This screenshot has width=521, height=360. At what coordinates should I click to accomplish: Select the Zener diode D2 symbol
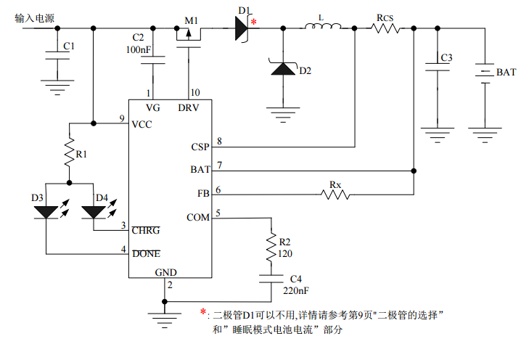[282, 70]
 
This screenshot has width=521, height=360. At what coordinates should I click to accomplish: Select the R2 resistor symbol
[271, 247]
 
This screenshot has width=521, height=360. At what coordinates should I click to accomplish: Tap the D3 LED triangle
[46, 212]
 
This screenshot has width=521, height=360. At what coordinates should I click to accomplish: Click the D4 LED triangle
[94, 212]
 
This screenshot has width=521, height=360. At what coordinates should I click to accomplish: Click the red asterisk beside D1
[253, 22]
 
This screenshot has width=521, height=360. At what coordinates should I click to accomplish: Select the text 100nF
[138, 49]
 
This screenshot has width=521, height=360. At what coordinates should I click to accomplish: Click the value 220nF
[295, 290]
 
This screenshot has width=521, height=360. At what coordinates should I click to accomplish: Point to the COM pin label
[198, 218]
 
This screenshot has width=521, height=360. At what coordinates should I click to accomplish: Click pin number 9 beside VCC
[121, 118]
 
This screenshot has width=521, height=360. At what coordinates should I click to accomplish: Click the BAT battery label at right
[506, 73]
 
